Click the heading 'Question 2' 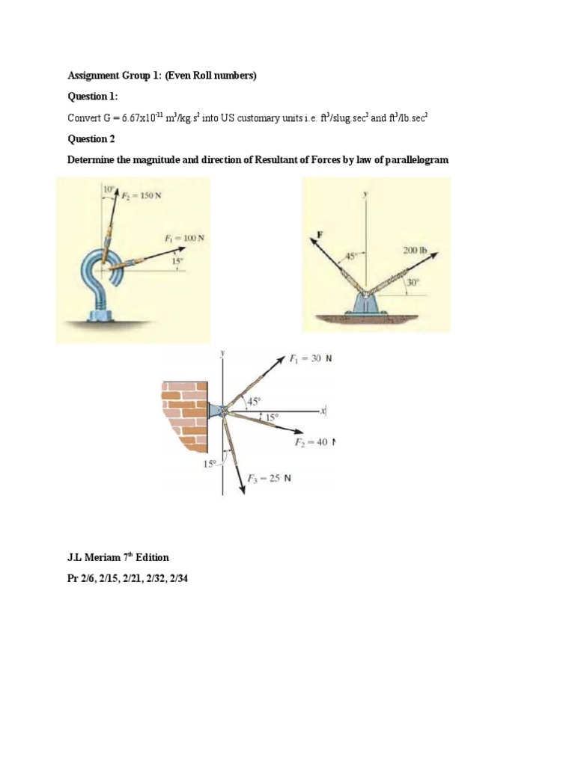point(91,139)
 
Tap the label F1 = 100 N point(184,238)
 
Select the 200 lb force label point(415,251)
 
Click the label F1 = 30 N point(311,358)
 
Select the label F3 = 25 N point(270,479)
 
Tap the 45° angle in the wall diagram point(243,400)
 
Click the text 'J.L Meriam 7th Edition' point(118,557)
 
